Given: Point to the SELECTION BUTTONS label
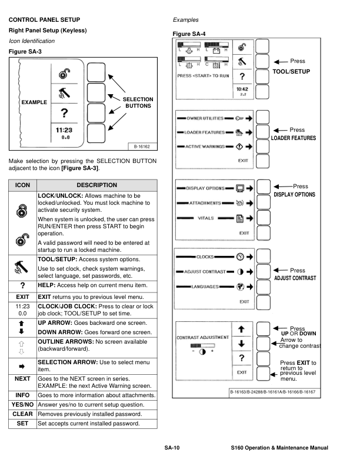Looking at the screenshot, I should pyautogui.click(x=138, y=103).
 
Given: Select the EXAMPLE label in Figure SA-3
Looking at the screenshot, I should pyautogui.click(x=34, y=102).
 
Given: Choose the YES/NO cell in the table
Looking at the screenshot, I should pyautogui.click(x=23, y=405).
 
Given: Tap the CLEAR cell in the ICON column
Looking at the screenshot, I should pyautogui.click(x=23, y=414).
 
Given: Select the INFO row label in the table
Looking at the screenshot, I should pyautogui.click(x=23, y=395).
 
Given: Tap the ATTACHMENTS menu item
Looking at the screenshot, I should pyautogui.click(x=205, y=203).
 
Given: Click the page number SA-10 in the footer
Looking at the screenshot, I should pyautogui.click(x=172, y=448).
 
